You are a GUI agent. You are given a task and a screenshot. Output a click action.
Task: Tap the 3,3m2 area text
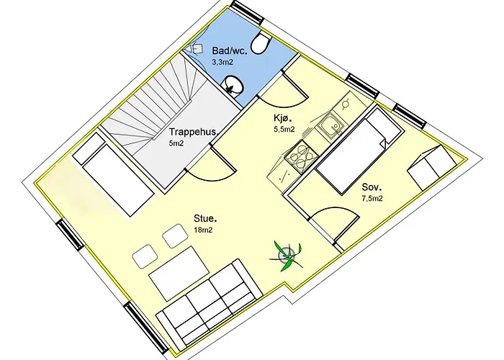[x=222, y=63]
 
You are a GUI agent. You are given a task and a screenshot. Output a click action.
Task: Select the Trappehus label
[x=194, y=132]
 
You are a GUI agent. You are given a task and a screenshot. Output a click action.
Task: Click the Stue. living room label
[x=206, y=218]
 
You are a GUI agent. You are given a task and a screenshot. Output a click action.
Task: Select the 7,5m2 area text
[x=372, y=199]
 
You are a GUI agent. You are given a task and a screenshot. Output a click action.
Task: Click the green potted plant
[x=286, y=254]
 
